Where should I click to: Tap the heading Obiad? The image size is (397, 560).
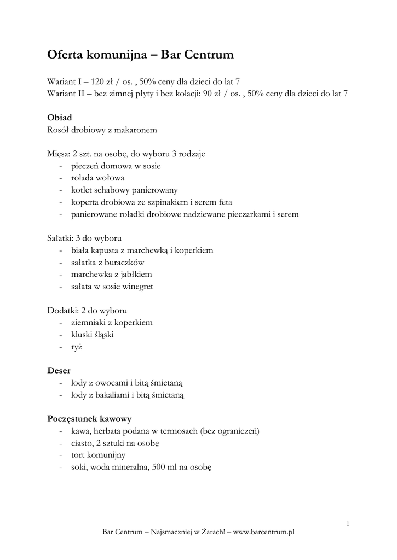[59, 118]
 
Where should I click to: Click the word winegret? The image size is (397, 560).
[138, 286]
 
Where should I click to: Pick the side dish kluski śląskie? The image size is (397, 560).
[92, 334]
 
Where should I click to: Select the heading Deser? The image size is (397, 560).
[59, 370]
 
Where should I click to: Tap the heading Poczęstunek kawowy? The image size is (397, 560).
[89, 419]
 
